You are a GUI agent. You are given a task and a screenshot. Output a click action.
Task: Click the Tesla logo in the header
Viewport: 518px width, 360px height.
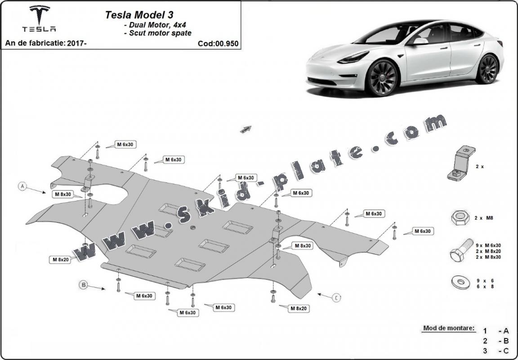[x=40, y=19]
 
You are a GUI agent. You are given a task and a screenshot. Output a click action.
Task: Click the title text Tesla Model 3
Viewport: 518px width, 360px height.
[x=133, y=14]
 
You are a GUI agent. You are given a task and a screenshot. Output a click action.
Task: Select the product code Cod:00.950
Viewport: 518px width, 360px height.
[x=218, y=44]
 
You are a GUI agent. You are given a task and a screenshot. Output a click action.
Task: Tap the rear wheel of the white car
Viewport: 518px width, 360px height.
[x=487, y=69]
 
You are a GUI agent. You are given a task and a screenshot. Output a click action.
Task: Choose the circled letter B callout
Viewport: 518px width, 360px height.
[x=84, y=284]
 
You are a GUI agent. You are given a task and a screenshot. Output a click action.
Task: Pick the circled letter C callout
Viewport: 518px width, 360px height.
[x=337, y=297]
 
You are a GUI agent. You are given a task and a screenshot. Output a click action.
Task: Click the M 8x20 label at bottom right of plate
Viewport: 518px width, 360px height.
[x=298, y=308]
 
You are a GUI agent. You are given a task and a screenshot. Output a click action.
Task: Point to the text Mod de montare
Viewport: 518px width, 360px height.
[x=448, y=328]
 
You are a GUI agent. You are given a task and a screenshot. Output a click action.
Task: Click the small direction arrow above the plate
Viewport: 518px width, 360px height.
[x=246, y=129]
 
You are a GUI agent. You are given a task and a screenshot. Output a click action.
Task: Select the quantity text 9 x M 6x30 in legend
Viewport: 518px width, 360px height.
[x=488, y=245]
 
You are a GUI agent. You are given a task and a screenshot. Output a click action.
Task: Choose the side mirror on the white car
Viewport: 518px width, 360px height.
[x=420, y=41]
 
